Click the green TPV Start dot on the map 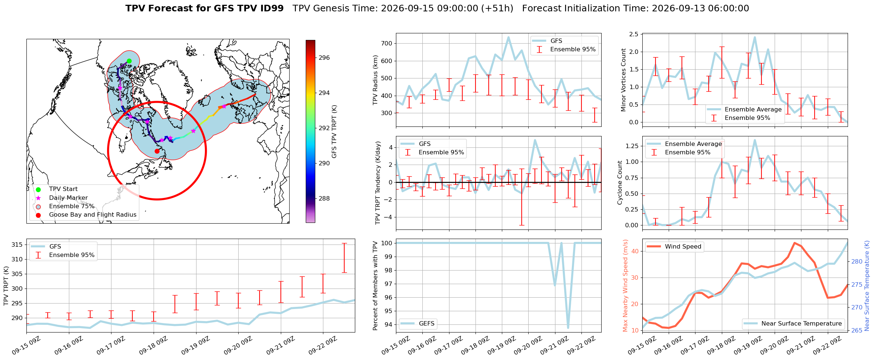pyautogui.click(x=129, y=61)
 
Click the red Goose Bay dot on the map pyautogui.click(x=157, y=151)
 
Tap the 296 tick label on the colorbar pyautogui.click(x=324, y=58)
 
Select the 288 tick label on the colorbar pyautogui.click(x=324, y=198)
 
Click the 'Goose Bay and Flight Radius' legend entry pyautogui.click(x=93, y=215)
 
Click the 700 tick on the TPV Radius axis pyautogui.click(x=387, y=43)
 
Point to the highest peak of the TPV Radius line pyautogui.click(x=508, y=37)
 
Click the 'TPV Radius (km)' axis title pyautogui.click(x=375, y=80)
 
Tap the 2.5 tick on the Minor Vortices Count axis pyautogui.click(x=634, y=34)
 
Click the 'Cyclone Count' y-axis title pyautogui.click(x=620, y=183)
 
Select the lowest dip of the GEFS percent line pyautogui.click(x=568, y=328)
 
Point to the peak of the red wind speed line pyautogui.click(x=794, y=243)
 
